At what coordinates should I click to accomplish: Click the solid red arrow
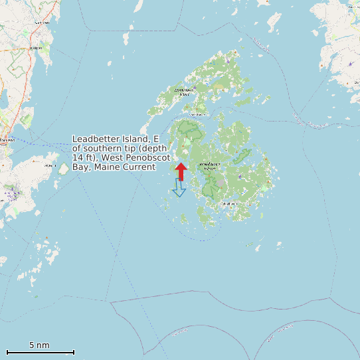[x=181, y=171]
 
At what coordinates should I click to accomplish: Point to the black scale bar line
[x=40, y=352]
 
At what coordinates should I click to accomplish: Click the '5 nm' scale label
[x=39, y=345]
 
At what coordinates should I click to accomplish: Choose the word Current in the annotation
[x=139, y=167]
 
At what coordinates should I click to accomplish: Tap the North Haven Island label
[x=184, y=91]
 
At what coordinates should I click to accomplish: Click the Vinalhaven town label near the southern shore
[x=230, y=203]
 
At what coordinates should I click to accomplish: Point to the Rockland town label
[x=7, y=140]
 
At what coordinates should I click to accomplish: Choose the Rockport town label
[x=36, y=48]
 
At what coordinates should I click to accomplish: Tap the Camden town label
[x=43, y=22]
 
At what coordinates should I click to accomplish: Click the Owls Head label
[x=50, y=165]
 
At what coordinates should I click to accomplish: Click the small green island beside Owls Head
[x=64, y=169]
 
